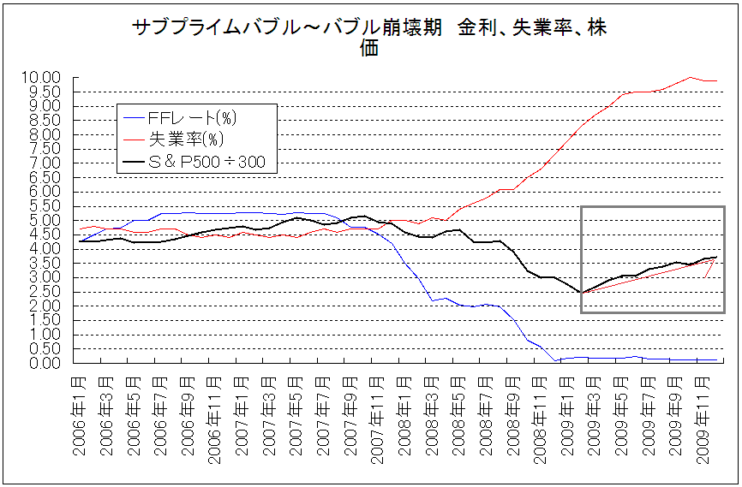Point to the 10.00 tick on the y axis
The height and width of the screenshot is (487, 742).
pos(42,78)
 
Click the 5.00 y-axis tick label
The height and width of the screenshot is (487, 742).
pos(42,220)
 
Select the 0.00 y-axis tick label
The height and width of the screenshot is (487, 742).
pos(42,363)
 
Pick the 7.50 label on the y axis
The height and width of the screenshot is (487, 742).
pos(42,149)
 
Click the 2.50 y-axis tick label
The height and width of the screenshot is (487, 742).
pos(42,292)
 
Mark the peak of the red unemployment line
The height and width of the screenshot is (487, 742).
pos(691,77)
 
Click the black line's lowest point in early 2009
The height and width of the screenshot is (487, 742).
pos(582,293)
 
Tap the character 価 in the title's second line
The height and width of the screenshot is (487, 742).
pos(370,48)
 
